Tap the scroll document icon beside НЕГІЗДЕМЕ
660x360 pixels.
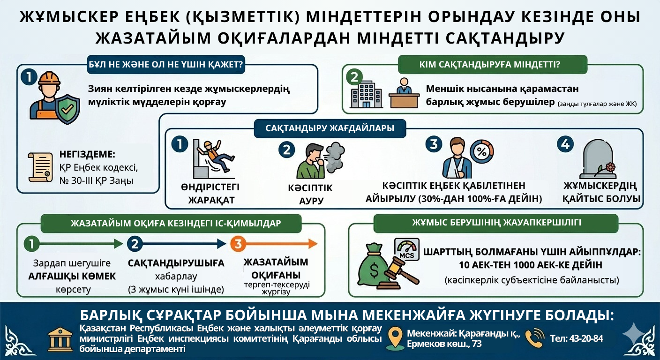40,167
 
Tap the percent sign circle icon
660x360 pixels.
481,151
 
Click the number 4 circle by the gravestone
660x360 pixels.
565,144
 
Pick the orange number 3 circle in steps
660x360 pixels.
238,244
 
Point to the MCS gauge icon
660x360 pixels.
406,248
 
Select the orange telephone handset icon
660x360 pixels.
535,338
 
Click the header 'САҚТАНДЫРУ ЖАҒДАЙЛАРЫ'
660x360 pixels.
330,128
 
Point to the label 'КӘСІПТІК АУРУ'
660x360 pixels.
310,195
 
